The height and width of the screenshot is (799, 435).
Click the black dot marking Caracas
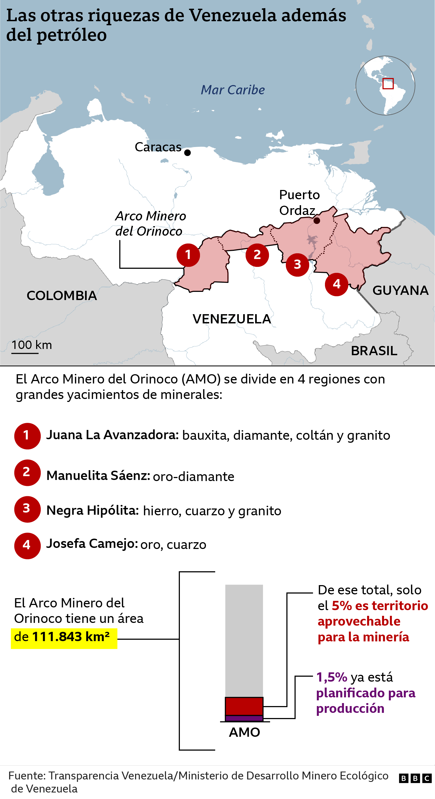(187, 153)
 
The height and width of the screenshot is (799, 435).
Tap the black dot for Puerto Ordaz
(317, 220)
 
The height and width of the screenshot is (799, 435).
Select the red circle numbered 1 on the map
(188, 255)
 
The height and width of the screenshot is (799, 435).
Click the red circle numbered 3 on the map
(297, 265)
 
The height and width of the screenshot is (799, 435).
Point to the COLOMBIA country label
(62, 295)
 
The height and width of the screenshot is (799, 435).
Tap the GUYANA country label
(400, 290)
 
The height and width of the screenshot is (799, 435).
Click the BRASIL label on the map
(374, 351)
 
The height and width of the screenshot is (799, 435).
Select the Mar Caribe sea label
(233, 90)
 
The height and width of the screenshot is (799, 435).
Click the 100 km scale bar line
(25, 353)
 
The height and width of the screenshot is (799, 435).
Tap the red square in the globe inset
(388, 83)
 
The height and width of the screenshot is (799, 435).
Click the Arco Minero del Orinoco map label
(150, 223)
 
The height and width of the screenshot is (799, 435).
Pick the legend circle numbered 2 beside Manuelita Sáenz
(27, 472)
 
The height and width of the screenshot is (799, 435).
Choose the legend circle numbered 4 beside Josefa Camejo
(27, 546)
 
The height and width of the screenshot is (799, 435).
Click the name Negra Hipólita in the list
(92, 510)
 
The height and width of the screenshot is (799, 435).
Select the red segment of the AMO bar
(244, 706)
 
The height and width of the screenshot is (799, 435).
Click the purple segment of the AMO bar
(244, 718)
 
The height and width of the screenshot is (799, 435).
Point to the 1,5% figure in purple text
(331, 677)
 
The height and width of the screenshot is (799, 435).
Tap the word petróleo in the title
(72, 35)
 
